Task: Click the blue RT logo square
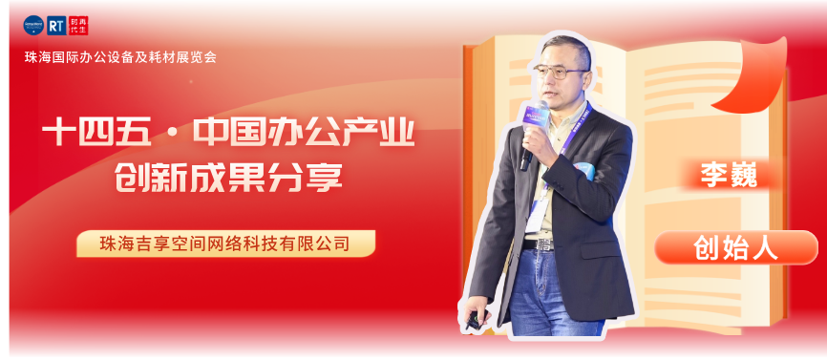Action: [x=57, y=26]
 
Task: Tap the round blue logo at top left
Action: [x=33, y=26]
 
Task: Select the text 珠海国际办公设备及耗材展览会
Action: [x=120, y=56]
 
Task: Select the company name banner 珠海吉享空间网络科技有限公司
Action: [x=225, y=244]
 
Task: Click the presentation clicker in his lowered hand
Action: [x=473, y=322]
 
